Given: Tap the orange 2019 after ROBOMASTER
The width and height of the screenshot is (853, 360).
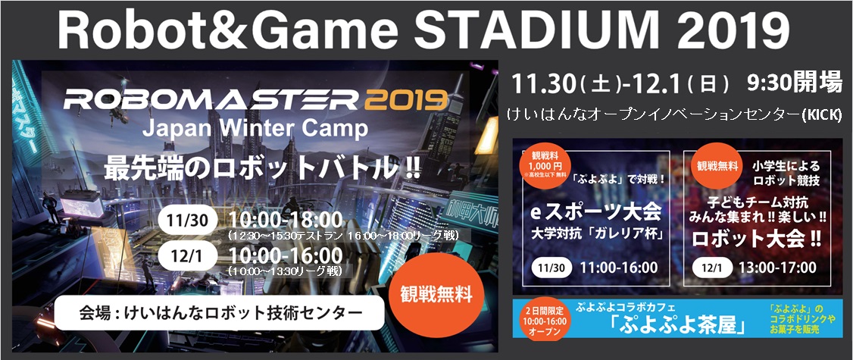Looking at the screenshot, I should coord(402,99).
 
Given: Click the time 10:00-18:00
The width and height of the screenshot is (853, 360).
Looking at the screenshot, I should coord(286,219).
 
